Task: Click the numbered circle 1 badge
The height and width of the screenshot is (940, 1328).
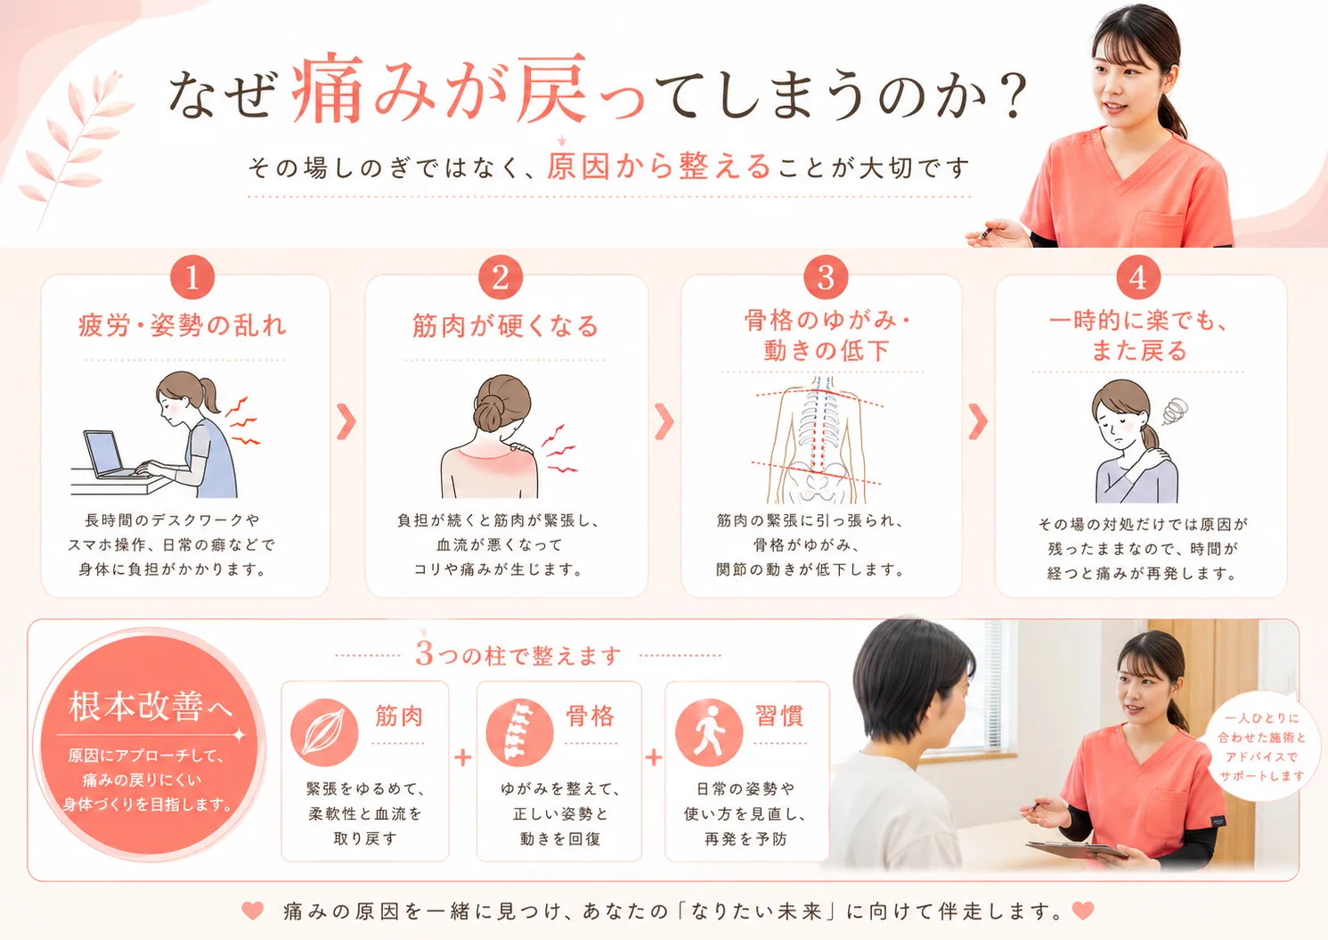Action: (x=191, y=277)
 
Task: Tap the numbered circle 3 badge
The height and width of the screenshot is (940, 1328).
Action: (x=826, y=277)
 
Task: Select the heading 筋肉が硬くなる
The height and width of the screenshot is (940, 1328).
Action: (x=505, y=326)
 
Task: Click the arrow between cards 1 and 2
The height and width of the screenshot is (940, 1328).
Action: (x=346, y=421)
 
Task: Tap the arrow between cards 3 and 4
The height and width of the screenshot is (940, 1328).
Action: (x=978, y=421)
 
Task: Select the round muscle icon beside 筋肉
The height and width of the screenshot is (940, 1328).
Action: (x=324, y=732)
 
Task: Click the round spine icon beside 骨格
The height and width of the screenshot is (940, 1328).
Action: (x=519, y=732)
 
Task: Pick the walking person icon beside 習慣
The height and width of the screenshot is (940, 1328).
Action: (x=709, y=732)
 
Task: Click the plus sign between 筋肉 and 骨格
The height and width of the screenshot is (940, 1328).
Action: (x=462, y=758)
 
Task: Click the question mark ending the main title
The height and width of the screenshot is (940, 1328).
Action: (x=1012, y=96)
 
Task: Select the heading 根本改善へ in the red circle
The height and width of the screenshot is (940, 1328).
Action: (x=150, y=707)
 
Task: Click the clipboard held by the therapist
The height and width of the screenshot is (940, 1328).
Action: (x=1077, y=850)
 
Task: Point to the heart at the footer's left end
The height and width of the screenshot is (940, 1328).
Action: (x=253, y=911)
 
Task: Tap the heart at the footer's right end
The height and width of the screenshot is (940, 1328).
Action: (x=1083, y=911)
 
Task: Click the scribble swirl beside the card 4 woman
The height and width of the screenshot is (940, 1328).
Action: (x=1175, y=411)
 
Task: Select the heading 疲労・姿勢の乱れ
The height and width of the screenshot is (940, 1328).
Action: (x=183, y=326)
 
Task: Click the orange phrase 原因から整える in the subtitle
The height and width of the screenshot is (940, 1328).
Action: (x=658, y=167)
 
